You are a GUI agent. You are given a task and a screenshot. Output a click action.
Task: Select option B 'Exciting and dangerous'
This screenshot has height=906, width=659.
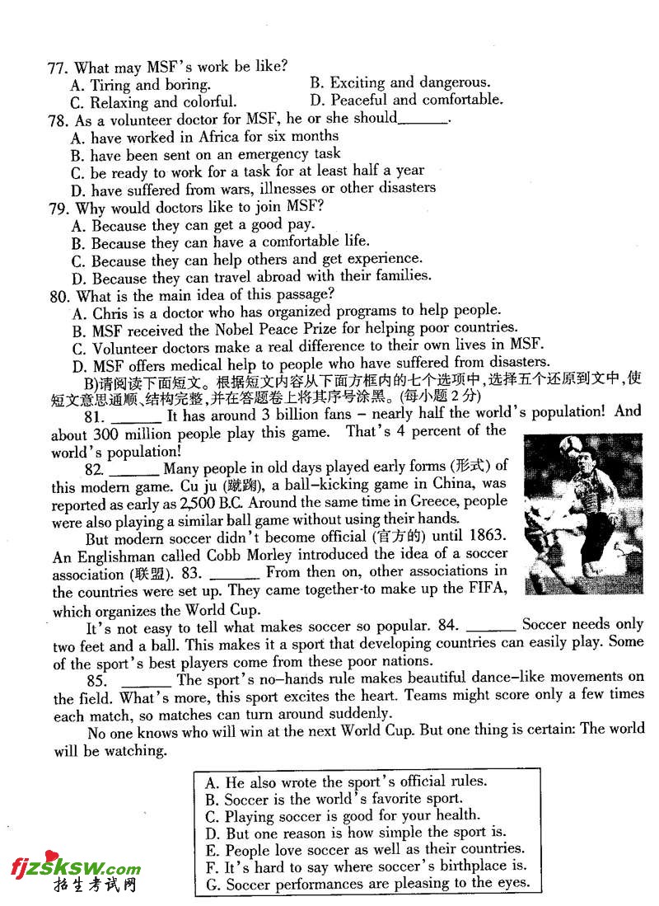tap(400, 82)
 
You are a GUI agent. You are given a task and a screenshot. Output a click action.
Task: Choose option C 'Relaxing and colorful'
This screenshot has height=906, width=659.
tap(154, 102)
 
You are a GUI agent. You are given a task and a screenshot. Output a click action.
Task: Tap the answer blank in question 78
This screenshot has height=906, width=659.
tap(423, 120)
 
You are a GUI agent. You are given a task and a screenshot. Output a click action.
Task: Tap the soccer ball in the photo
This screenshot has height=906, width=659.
tap(573, 445)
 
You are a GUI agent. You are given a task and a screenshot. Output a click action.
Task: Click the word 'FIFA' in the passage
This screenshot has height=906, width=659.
tap(487, 589)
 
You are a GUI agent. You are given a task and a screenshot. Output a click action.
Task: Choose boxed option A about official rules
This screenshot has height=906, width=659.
tap(346, 782)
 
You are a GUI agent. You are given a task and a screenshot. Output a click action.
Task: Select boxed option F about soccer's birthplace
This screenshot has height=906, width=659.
tap(366, 866)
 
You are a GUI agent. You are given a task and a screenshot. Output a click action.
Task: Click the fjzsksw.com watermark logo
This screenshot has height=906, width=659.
tap(75, 867)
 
